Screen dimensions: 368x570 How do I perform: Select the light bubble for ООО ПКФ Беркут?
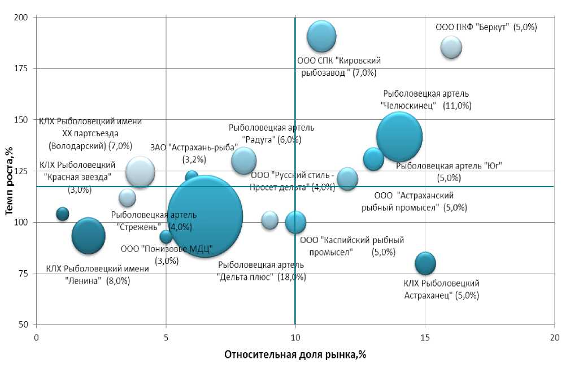pos(451,47)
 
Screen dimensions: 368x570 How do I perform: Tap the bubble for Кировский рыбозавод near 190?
pos(321,37)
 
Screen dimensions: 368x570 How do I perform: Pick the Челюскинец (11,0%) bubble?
pos(399,137)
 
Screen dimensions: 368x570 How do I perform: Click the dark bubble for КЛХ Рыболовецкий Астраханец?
pos(425,263)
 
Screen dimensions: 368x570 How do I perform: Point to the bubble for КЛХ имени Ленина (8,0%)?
pos(89,235)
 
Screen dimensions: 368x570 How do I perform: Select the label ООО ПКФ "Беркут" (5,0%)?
pos(486,27)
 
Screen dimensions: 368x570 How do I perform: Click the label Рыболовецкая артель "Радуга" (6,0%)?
pos(271,133)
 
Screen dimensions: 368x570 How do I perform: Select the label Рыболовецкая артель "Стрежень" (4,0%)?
pos(154,221)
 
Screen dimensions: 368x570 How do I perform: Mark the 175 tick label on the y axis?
pos(23,69)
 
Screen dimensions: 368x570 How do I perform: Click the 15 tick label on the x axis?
pos(425,337)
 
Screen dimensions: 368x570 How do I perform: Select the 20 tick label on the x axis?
pos(554,337)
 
